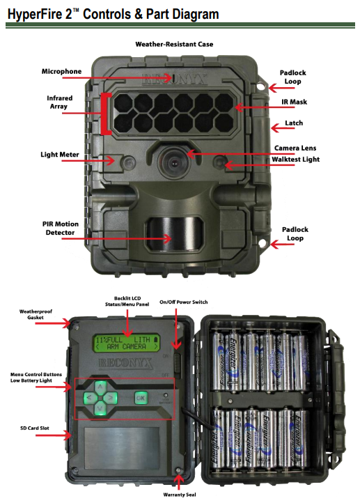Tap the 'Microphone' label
(61, 71)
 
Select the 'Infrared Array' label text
(59, 103)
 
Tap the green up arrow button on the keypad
(100, 387)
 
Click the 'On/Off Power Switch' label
(183, 302)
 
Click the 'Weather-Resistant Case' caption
(174, 44)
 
